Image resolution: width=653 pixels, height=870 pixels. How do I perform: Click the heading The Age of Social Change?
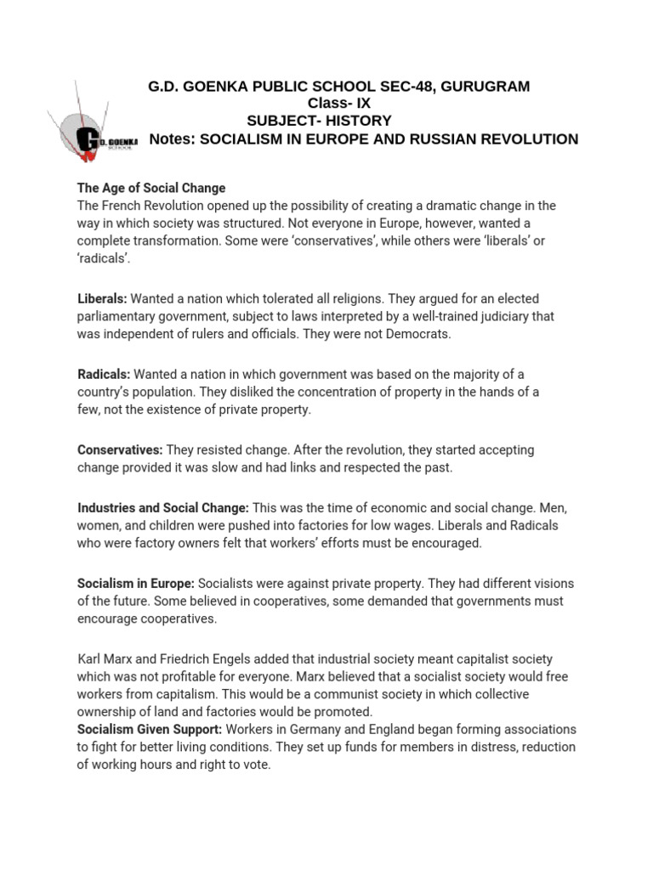(151, 187)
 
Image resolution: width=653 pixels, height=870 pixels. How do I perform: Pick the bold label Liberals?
(102, 299)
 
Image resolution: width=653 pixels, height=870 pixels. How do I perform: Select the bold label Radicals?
(104, 374)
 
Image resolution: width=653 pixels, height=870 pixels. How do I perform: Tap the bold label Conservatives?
(120, 449)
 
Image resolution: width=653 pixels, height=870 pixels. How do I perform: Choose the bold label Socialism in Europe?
(136, 583)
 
